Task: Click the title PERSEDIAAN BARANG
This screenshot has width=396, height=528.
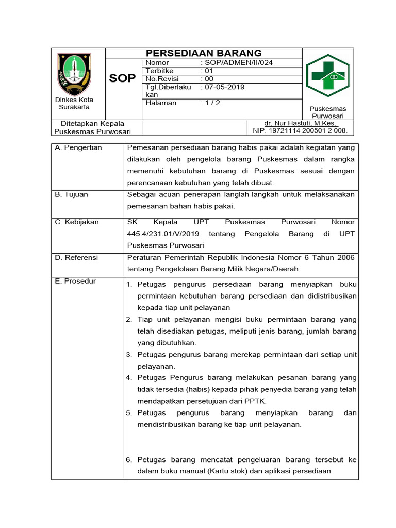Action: click(204, 53)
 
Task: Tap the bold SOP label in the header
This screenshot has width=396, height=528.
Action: click(123, 78)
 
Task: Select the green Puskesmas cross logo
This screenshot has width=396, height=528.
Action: click(327, 76)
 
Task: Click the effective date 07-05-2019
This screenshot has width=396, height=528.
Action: click(225, 87)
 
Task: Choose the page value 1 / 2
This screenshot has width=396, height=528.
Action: click(212, 103)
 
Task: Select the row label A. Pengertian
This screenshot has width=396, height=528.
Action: click(78, 148)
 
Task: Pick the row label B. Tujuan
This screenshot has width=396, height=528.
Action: click(72, 194)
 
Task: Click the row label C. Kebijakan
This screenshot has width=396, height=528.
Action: click(77, 222)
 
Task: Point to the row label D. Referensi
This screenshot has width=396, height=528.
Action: click(76, 257)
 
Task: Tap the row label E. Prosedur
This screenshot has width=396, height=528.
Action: click(75, 281)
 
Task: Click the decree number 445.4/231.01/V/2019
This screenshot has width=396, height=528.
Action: click(160, 234)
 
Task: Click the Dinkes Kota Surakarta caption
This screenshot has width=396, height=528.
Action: click(74, 103)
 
